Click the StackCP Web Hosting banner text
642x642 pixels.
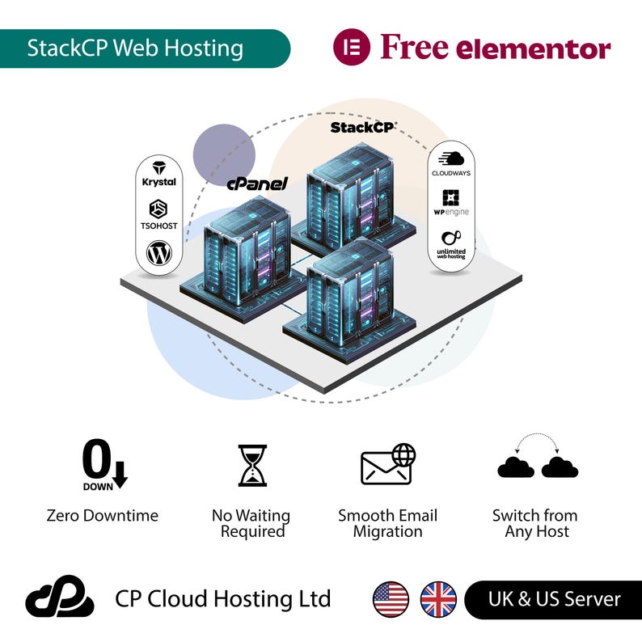point(135,48)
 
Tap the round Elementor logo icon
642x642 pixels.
point(352,48)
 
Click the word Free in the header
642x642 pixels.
point(414,48)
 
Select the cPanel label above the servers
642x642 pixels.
point(257,184)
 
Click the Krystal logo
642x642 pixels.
point(159,173)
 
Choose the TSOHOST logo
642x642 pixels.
point(159,214)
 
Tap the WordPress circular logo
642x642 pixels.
point(159,254)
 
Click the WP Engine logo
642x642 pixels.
point(450,202)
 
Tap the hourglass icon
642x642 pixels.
point(252,465)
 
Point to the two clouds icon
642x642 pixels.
point(537,459)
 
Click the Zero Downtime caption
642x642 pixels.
point(103,515)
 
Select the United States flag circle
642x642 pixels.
point(391,599)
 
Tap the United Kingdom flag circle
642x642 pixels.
point(438,599)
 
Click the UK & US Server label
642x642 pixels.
point(554,599)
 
